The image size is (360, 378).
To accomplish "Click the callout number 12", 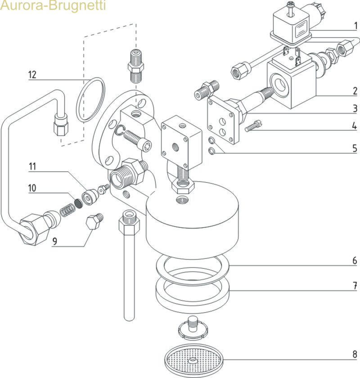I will (32, 74).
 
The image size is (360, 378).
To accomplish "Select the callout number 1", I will (355, 26).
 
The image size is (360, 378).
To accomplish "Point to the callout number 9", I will (54, 242).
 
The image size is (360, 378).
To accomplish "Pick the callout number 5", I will (355, 148).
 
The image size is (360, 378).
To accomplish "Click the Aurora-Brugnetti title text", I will (53, 7).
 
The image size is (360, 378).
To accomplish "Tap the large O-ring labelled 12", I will (90, 99).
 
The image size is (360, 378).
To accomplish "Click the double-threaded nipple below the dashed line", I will (135, 66).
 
